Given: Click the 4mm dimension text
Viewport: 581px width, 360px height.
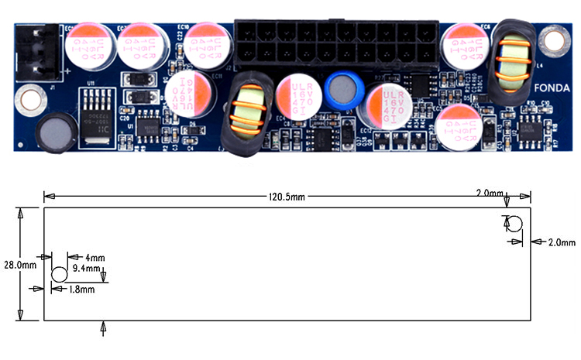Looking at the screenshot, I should point(95,257).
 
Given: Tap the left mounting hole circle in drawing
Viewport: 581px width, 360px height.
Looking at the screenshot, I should point(59,275).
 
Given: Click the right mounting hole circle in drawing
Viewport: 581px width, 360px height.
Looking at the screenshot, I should point(513,225).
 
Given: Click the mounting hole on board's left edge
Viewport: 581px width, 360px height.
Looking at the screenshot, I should point(29,99).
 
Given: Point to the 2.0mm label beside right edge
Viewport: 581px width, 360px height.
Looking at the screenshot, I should point(559,242).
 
